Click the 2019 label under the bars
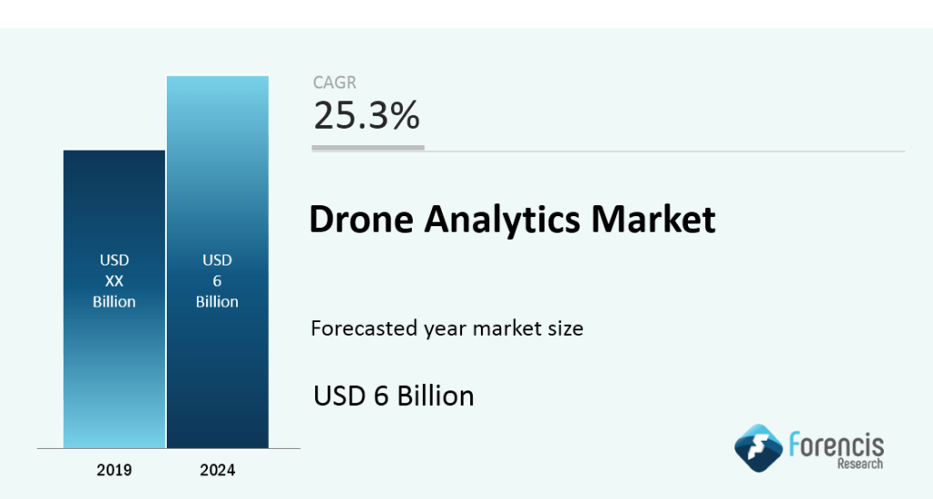click(x=114, y=471)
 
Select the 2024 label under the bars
click(x=217, y=471)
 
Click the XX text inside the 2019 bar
click(x=114, y=281)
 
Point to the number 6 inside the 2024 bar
click(x=217, y=281)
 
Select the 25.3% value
click(x=366, y=116)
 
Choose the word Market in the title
click(x=653, y=221)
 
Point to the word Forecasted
click(x=361, y=328)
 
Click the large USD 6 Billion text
click(x=394, y=396)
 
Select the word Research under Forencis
click(x=859, y=464)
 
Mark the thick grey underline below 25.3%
click(x=368, y=147)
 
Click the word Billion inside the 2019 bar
click(x=114, y=301)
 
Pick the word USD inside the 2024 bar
click(x=217, y=261)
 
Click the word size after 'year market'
click(x=563, y=328)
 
